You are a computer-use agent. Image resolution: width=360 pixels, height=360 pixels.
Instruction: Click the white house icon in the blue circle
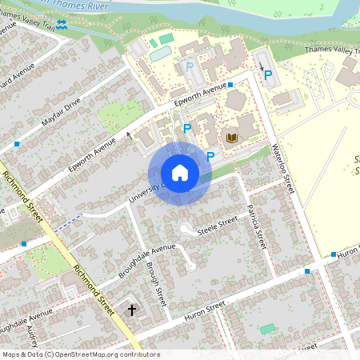pyautogui.click(x=180, y=173)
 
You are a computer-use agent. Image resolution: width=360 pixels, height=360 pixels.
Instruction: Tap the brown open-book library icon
pyautogui.click(x=233, y=139)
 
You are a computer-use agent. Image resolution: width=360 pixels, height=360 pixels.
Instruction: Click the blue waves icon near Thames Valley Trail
pyautogui.click(x=62, y=25)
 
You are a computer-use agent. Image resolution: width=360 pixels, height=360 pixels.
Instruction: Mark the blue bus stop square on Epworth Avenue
pyautogui.click(x=230, y=85)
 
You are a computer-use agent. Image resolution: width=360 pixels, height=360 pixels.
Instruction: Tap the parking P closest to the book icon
pyautogui.click(x=210, y=156)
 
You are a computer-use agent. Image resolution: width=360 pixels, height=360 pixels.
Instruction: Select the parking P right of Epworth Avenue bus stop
pyautogui.click(x=268, y=75)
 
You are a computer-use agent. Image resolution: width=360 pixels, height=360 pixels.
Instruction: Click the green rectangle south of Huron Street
pyautogui.click(x=266, y=329)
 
